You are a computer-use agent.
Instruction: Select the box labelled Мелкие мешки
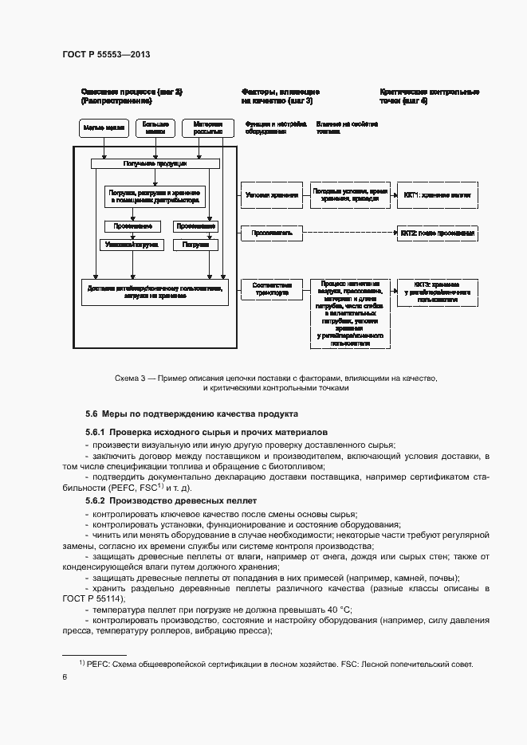point(104,128)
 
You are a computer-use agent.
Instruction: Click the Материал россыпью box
point(207,128)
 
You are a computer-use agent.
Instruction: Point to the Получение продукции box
point(155,163)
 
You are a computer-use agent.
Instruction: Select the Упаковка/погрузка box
point(130,245)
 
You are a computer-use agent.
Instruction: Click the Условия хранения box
point(271,194)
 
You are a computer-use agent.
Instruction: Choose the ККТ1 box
point(437,194)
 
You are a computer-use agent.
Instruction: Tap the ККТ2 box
point(438,233)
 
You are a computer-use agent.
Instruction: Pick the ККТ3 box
point(437,290)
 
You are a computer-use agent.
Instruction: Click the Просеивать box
point(271,233)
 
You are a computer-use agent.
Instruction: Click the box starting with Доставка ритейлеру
point(155,291)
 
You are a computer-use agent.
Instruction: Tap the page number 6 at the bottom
point(64,676)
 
